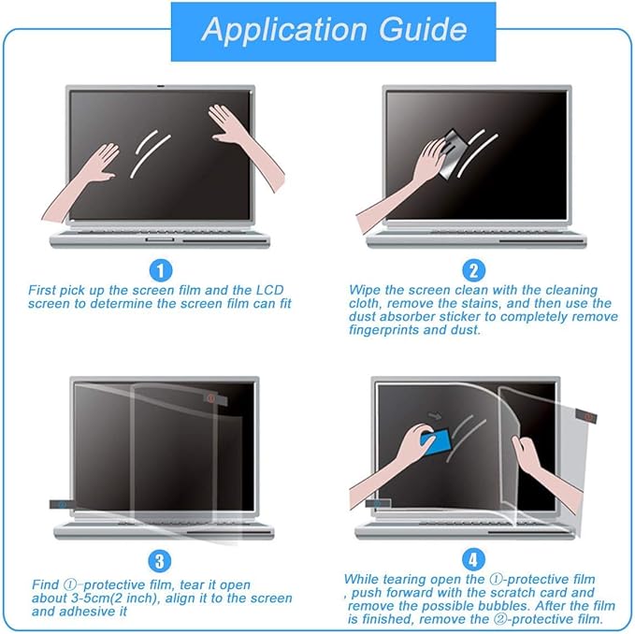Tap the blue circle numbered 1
tap(162, 270)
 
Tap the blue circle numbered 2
tap(474, 270)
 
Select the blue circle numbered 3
tap(162, 561)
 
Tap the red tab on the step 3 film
tap(213, 398)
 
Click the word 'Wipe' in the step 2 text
tap(365, 291)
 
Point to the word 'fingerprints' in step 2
tap(383, 330)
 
